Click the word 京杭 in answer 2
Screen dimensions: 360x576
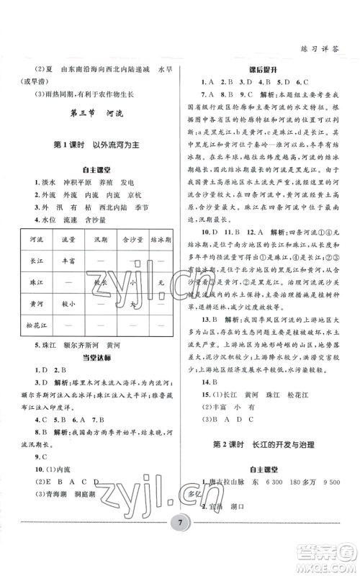coord(133,195)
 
